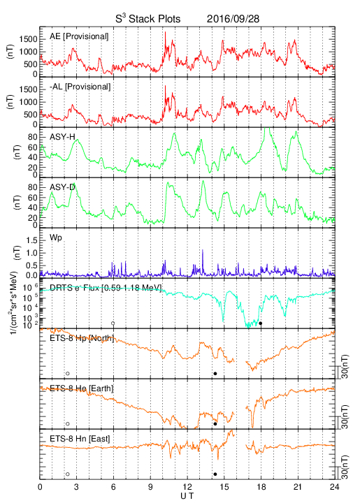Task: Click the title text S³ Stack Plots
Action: click(x=148, y=19)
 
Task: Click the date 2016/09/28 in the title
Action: click(x=233, y=19)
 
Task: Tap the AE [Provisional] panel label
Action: click(x=79, y=36)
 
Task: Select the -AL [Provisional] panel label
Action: click(x=80, y=87)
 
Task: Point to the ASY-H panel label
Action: click(x=62, y=137)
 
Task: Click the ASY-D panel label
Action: click(x=62, y=187)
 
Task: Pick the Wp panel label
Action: click(x=56, y=238)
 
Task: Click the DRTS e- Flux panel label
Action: click(x=106, y=287)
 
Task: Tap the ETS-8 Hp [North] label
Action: click(x=82, y=338)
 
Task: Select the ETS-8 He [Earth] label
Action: click(x=82, y=388)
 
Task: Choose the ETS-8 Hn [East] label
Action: click(x=80, y=439)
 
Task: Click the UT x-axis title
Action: click(x=187, y=496)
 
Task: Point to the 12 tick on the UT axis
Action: click(x=187, y=487)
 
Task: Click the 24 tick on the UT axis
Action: click(x=335, y=487)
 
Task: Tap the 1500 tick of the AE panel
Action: click(x=28, y=39)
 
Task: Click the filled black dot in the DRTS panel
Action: click(x=261, y=323)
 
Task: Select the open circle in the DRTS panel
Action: click(x=113, y=323)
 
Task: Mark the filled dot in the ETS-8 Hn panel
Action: click(x=215, y=474)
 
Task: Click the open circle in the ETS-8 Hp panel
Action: click(x=67, y=373)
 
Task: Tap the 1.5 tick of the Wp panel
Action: click(x=32, y=240)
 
